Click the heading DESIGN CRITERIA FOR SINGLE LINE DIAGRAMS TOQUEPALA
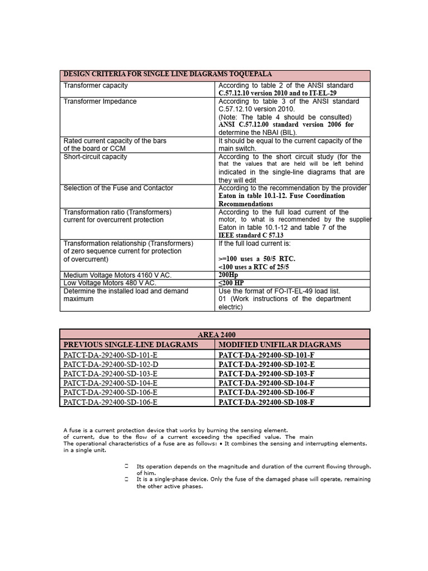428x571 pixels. (168, 75)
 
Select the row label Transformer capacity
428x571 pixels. (95, 85)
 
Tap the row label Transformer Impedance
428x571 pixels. (100, 101)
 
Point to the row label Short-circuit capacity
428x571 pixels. (95, 157)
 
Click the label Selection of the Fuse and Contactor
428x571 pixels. (118, 188)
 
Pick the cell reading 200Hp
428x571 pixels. (228, 275)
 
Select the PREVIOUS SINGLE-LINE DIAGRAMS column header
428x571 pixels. (130, 345)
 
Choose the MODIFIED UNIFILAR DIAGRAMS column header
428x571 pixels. (280, 345)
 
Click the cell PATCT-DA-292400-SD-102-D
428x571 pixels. (110, 364)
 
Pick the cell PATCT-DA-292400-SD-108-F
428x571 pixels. (266, 401)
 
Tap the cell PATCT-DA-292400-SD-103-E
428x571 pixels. (110, 374)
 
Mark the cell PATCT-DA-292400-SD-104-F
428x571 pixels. (266, 383)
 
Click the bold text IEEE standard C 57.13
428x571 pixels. (254, 235)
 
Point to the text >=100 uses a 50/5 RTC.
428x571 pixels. (257, 259)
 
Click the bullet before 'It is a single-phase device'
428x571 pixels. (127, 479)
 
